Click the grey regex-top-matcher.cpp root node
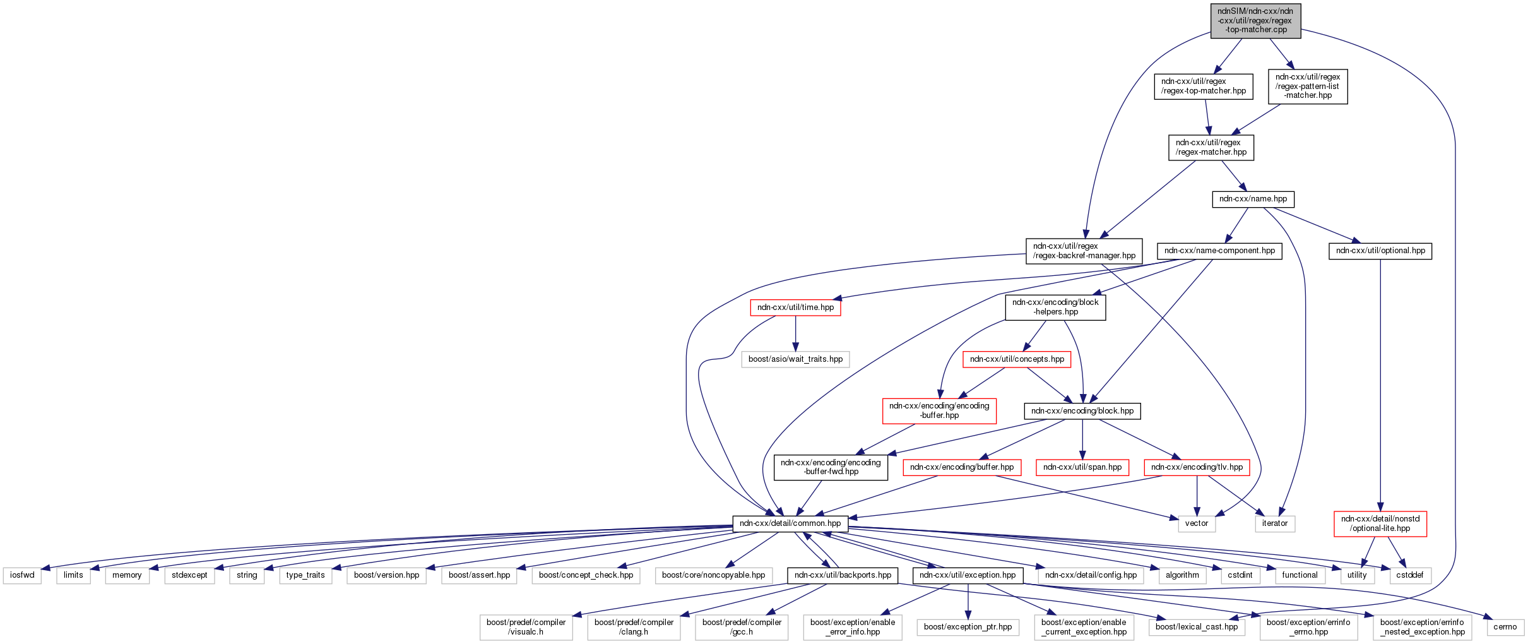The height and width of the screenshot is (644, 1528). [x=1255, y=21]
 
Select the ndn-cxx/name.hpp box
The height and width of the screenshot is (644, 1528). [x=1253, y=199]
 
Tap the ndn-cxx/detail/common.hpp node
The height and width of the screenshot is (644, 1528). [x=790, y=523]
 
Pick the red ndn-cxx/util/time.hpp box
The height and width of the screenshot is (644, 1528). [x=795, y=307]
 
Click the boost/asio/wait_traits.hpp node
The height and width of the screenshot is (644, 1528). [x=795, y=359]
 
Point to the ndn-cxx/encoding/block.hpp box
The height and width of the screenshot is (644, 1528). [x=1082, y=411]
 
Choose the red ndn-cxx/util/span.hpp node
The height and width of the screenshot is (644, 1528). [x=1082, y=467]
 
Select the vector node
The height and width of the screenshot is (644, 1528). [x=1196, y=523]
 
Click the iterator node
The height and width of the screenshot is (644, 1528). [x=1274, y=523]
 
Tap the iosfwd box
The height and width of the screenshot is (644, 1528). [x=22, y=575]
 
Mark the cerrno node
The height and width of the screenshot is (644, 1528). [x=1505, y=627]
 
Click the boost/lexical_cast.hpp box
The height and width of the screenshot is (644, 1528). [x=1196, y=627]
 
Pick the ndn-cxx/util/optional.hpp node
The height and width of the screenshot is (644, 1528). [x=1380, y=251]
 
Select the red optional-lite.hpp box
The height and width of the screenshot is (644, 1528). [x=1380, y=523]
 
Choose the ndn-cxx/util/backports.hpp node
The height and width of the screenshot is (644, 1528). [x=843, y=575]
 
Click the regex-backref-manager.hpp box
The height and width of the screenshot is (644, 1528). [x=1084, y=251]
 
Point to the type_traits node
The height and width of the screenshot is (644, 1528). [x=305, y=575]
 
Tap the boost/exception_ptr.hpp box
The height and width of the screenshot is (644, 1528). [x=968, y=627]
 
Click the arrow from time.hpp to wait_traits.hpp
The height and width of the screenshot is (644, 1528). [x=795, y=333]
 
